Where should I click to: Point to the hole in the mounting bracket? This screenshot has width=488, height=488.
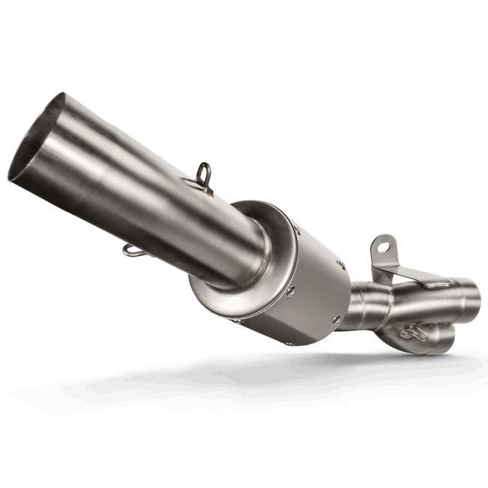click(384, 245)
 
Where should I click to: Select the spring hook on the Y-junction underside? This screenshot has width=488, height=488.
click(412, 331)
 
